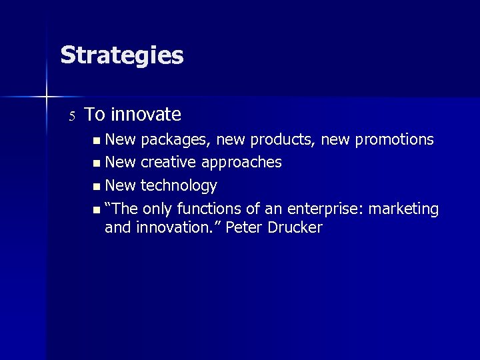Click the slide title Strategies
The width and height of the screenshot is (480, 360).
(x=121, y=55)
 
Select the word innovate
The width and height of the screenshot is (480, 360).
(x=146, y=115)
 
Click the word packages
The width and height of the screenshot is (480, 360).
(x=171, y=141)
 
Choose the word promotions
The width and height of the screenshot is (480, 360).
(x=394, y=140)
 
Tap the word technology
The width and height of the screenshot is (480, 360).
(x=179, y=185)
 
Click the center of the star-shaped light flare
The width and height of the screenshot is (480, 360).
(x=47, y=97)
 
